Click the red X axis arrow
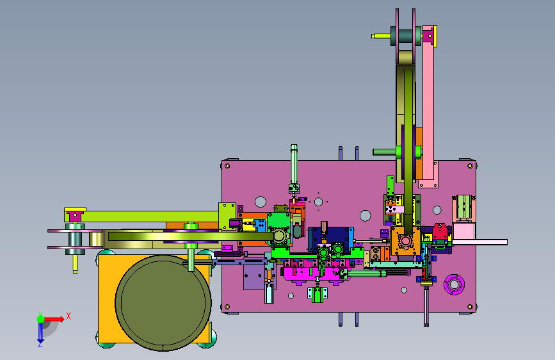(x=54, y=319)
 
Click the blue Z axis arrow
(x=40, y=333)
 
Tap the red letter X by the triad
(x=68, y=316)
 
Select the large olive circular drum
(x=163, y=303)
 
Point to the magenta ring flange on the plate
(x=454, y=284)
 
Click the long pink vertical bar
(x=428, y=106)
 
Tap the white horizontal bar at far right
(x=479, y=242)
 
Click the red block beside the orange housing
(x=440, y=231)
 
